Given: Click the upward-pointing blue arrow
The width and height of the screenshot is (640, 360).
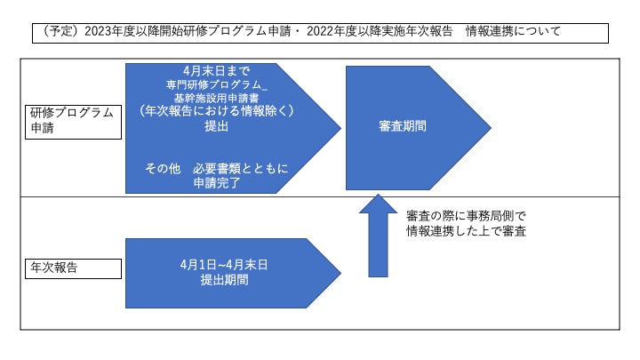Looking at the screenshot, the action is (378, 236).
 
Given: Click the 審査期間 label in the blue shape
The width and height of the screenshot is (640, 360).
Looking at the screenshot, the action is (403, 126).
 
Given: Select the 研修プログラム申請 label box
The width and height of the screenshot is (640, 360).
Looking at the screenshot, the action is (74, 122).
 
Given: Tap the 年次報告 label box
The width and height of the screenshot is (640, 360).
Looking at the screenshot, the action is (74, 268).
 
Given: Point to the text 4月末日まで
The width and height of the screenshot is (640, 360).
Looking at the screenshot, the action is (216, 71).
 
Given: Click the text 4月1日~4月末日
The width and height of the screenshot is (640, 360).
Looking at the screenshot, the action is (224, 265).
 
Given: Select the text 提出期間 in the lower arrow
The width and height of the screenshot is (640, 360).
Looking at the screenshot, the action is (225, 280).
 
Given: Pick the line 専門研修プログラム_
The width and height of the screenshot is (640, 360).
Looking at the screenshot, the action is (217, 84).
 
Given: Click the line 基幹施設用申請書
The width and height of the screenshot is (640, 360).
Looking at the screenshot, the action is (216, 98).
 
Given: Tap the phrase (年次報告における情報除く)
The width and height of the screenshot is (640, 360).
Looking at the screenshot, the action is (216, 111).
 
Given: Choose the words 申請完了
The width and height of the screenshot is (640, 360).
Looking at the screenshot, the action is (217, 183).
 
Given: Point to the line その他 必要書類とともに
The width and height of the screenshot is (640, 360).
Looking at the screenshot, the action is (217, 168).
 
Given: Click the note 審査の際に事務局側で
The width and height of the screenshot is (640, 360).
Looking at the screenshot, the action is (466, 216).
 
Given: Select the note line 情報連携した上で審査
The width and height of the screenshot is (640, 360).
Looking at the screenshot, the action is (466, 231).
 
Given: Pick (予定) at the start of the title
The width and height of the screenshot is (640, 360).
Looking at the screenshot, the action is (60, 31).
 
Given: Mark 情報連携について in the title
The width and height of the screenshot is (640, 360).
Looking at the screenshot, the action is (513, 31).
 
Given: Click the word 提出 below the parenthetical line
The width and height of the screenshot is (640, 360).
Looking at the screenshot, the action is (216, 126).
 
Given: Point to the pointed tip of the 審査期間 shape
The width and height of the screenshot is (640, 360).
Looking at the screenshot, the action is (491, 127).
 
